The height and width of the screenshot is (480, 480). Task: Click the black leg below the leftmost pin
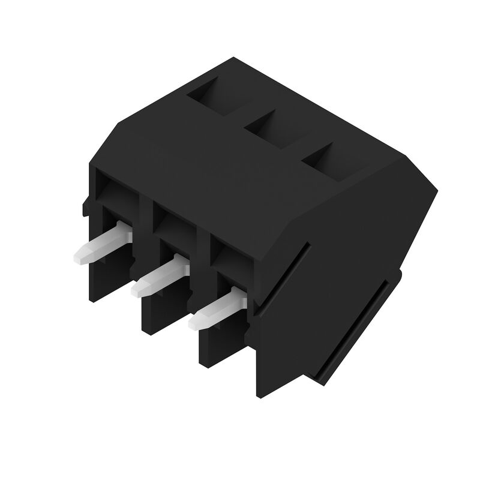108,276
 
